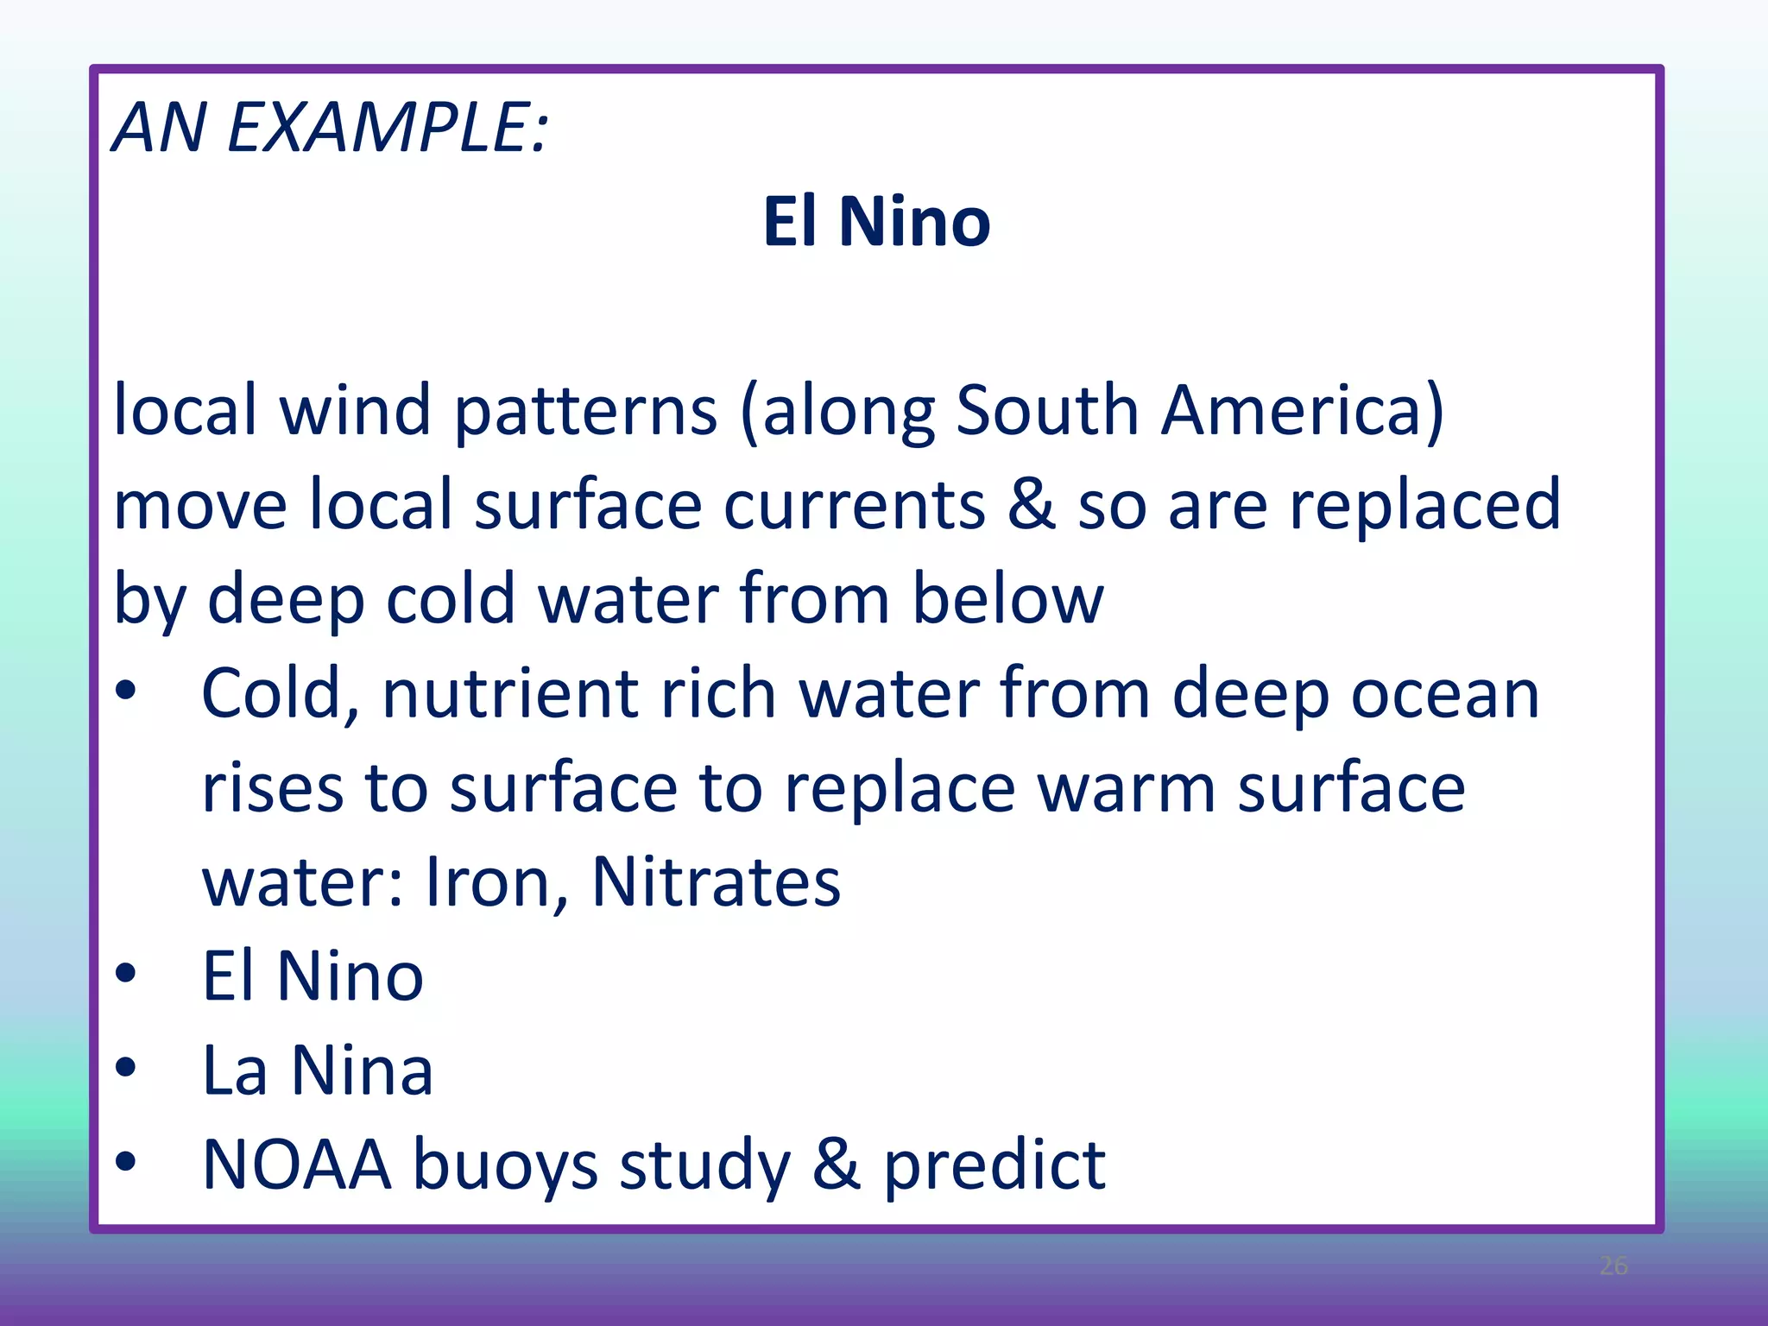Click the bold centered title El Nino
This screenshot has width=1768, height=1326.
click(876, 222)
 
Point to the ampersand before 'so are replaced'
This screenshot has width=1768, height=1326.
click(1031, 504)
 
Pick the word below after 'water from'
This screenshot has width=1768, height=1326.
click(1007, 599)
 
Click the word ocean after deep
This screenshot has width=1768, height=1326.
click(1444, 694)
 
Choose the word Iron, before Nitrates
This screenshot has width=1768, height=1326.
click(497, 882)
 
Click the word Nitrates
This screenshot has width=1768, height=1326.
click(716, 882)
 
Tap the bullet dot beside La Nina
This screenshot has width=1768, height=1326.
click(126, 1068)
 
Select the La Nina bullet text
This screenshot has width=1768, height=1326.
click(317, 1070)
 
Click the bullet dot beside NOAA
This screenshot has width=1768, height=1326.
click(126, 1162)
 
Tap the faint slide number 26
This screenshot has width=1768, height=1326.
click(1613, 1266)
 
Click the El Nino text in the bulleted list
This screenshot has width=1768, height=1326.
click(313, 976)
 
